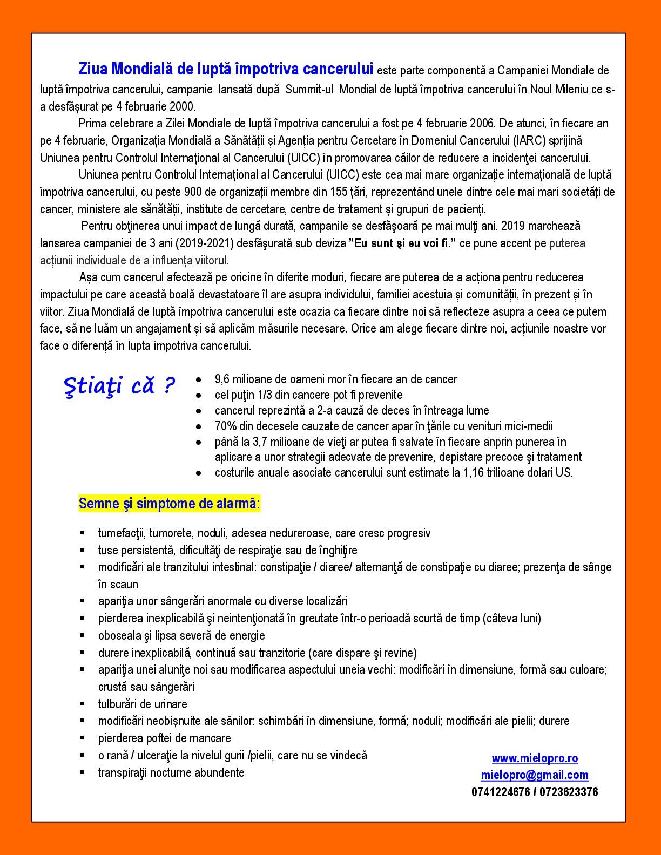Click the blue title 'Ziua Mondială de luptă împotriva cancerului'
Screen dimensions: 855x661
click(226, 69)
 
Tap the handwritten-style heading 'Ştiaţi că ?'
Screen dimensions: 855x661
click(119, 387)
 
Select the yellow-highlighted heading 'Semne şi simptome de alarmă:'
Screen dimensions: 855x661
click(170, 504)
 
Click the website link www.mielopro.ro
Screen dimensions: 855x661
click(535, 758)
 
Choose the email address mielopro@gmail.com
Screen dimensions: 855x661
click(535, 775)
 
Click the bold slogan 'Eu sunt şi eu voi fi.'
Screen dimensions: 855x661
click(402, 243)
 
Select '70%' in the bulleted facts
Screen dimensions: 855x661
click(225, 426)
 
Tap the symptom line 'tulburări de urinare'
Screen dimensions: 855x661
click(143, 704)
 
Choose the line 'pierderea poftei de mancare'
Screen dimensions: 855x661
click(164, 738)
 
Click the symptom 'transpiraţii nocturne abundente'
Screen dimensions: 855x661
click(171, 772)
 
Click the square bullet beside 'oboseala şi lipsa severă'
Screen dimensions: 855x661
click(82, 635)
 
